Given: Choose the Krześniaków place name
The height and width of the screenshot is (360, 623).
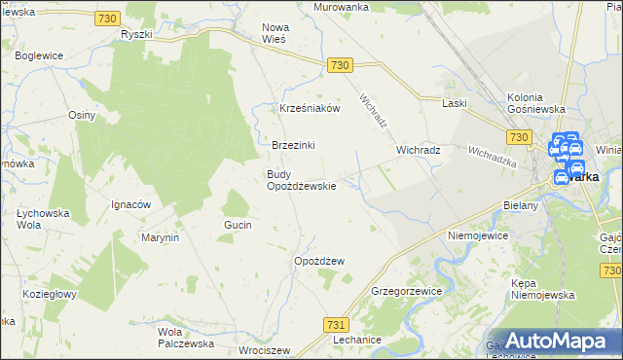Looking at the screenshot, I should [x=310, y=109].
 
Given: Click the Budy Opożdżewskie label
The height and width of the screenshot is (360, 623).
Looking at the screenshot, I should [x=302, y=180].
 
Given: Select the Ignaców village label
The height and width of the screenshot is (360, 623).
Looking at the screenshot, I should [x=130, y=204].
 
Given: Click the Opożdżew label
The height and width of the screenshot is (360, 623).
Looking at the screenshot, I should [x=320, y=261].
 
